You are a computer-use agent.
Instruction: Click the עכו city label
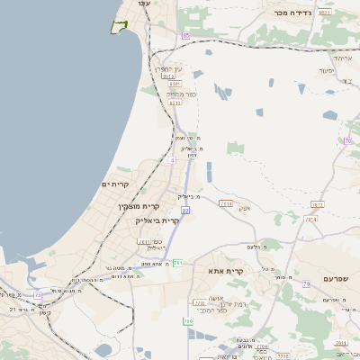pyautogui.click(x=143, y=4)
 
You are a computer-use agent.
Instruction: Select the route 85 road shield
pyautogui.click(x=186, y=35)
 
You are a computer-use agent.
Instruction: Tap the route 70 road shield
pyautogui.click(x=347, y=141)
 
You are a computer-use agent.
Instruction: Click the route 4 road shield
pyautogui.click(x=171, y=160)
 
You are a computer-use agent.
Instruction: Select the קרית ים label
pyautogui.click(x=115, y=184)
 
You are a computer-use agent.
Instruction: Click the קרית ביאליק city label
pyautogui.click(x=157, y=220)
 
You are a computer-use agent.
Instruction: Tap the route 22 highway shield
pyautogui.click(x=185, y=210)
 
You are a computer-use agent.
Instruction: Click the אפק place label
pyautogui.click(x=245, y=208)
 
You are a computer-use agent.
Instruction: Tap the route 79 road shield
pyautogui.click(x=306, y=284)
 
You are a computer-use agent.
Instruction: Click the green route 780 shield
pyautogui.click(x=189, y=321)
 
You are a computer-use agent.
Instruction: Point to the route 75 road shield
pyautogui.click(x=38, y=295)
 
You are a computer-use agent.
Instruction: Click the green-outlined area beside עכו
pyautogui.click(x=117, y=27)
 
